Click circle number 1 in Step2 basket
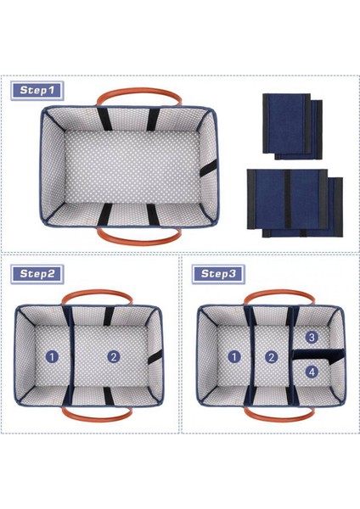[52, 357]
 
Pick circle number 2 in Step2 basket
[113, 357]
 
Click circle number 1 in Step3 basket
[233, 357]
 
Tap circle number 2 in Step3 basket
[271, 357]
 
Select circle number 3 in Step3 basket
[312, 337]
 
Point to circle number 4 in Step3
[312, 371]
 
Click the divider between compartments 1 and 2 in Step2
[71, 356]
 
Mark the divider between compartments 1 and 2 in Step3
[252, 356]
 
